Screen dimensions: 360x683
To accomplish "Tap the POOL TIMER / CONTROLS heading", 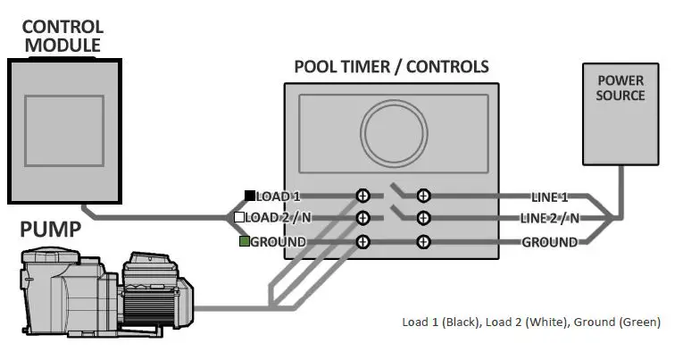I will (391, 67).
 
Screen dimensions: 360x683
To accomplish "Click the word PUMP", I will (51, 231).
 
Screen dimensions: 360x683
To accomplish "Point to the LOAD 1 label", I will (279, 196).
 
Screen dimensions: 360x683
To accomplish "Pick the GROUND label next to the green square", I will (278, 242).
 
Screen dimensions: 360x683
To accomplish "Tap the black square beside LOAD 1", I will (250, 196).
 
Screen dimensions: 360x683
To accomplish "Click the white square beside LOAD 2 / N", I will (239, 218).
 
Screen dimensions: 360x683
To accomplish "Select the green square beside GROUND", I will (244, 242).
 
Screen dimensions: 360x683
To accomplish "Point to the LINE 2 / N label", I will (549, 218).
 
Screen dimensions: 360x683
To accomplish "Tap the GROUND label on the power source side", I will (549, 242).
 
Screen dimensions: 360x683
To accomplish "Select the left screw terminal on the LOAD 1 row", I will (362, 196).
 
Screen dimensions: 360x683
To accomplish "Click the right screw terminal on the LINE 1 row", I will (424, 196).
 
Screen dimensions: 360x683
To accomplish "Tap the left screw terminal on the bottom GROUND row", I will (362, 242).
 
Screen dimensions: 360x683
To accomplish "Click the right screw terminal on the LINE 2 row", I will (424, 218).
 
